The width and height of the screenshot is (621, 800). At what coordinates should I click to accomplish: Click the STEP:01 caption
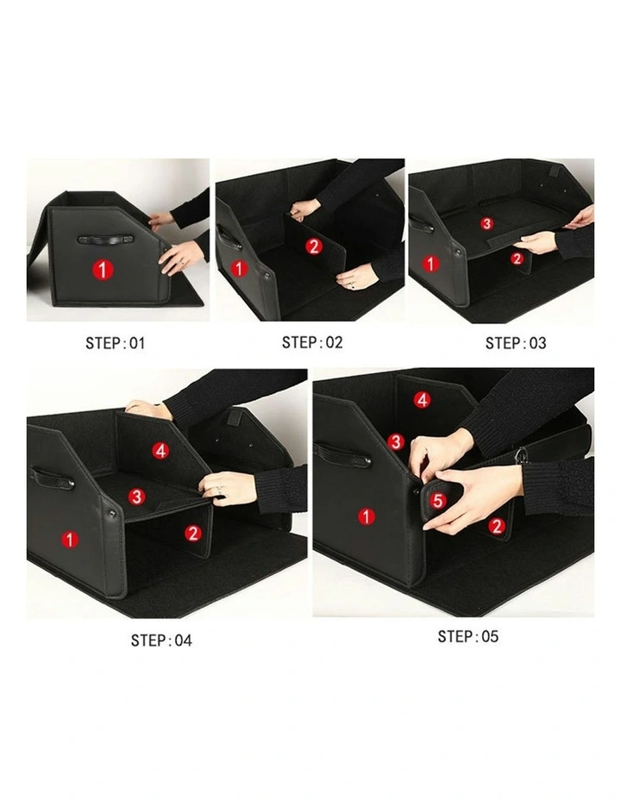pyautogui.click(x=116, y=343)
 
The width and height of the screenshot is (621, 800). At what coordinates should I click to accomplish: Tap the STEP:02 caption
pyautogui.click(x=312, y=342)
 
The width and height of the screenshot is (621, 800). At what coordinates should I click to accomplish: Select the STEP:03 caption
pyautogui.click(x=515, y=343)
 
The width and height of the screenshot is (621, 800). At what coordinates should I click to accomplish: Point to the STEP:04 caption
pyautogui.click(x=161, y=641)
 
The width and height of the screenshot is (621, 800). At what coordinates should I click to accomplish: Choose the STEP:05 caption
pyautogui.click(x=467, y=637)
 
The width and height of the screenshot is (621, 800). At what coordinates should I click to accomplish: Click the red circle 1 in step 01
pyautogui.click(x=103, y=271)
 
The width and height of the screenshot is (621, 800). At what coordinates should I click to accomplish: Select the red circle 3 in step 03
pyautogui.click(x=486, y=223)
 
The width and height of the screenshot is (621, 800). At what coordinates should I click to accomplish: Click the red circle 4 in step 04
pyautogui.click(x=160, y=451)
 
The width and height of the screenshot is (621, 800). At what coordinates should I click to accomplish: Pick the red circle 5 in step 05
pyautogui.click(x=437, y=500)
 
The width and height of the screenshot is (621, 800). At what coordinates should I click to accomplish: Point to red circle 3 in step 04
pyautogui.click(x=136, y=496)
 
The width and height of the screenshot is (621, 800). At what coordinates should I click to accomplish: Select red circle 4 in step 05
pyautogui.click(x=422, y=400)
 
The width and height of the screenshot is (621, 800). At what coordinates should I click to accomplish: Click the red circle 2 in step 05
pyautogui.click(x=496, y=525)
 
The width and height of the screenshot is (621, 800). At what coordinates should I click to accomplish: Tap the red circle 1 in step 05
pyautogui.click(x=367, y=516)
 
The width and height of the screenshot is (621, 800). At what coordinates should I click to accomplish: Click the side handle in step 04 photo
pyautogui.click(x=52, y=477)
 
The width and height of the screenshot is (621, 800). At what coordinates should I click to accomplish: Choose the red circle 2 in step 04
pyautogui.click(x=193, y=533)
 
